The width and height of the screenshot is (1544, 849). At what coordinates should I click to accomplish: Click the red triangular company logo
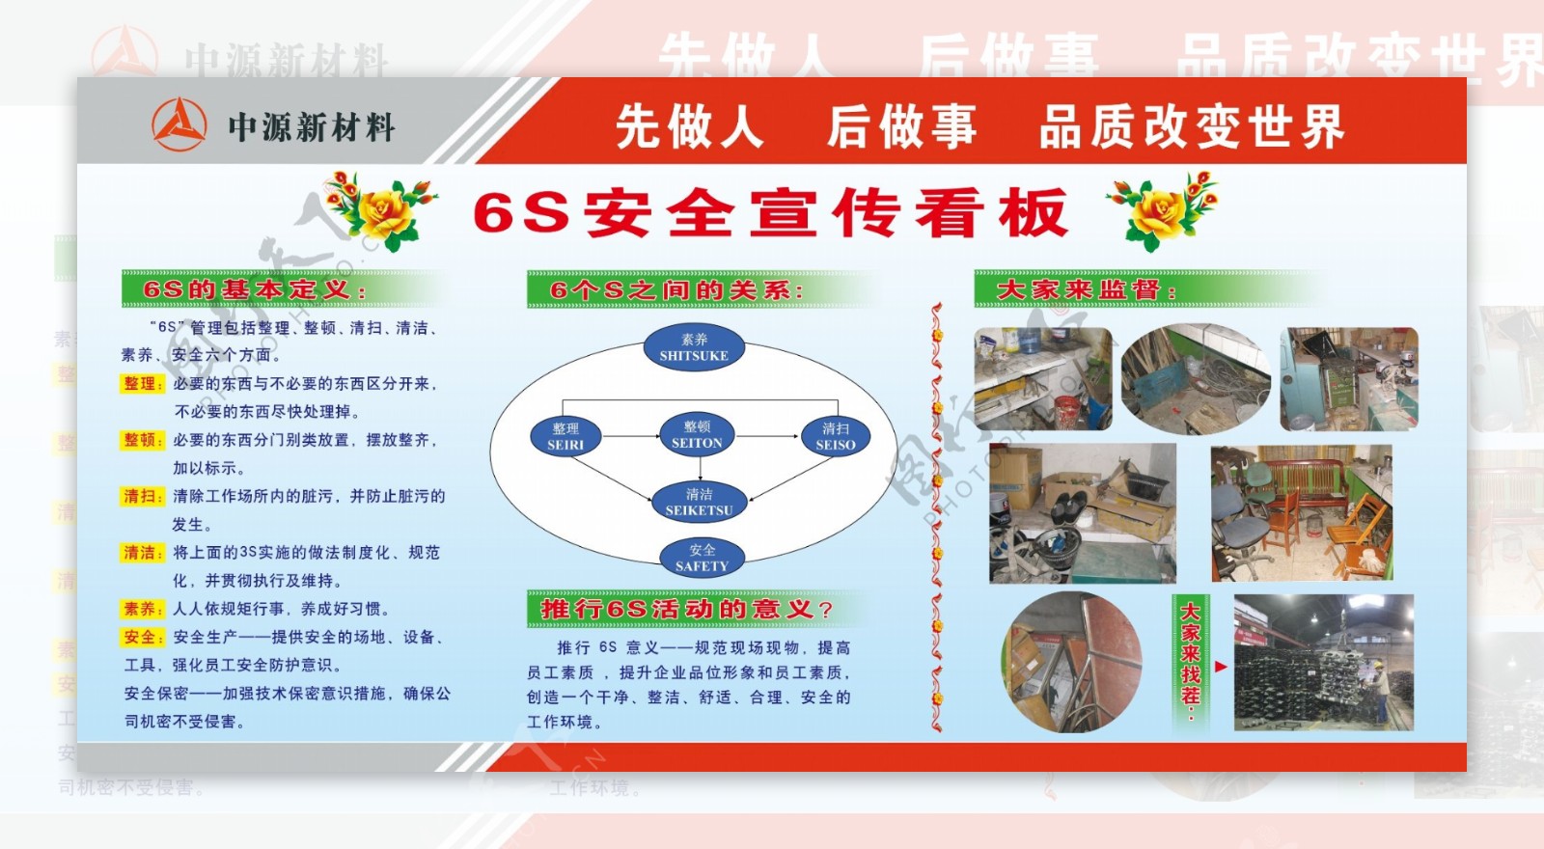(x=179, y=124)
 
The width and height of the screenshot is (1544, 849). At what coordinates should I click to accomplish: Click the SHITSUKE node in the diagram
(x=694, y=347)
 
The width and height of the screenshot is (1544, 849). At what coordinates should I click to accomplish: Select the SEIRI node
(x=565, y=436)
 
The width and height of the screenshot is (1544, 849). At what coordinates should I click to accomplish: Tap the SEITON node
(x=697, y=435)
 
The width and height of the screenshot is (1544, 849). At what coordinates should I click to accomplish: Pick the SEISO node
(x=836, y=436)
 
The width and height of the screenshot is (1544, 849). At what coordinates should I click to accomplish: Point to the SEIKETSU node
(x=700, y=502)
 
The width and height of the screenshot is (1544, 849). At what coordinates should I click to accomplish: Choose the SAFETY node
(x=702, y=558)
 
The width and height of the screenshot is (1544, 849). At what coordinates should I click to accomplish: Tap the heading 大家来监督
(x=1086, y=289)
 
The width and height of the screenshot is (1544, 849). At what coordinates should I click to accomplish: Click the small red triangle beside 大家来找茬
(x=1221, y=666)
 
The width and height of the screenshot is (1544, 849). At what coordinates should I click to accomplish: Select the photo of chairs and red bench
(x=1301, y=513)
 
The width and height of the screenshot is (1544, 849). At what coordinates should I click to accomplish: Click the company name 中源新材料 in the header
(x=311, y=126)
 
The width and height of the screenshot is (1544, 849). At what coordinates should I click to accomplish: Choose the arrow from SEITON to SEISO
(x=768, y=436)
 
